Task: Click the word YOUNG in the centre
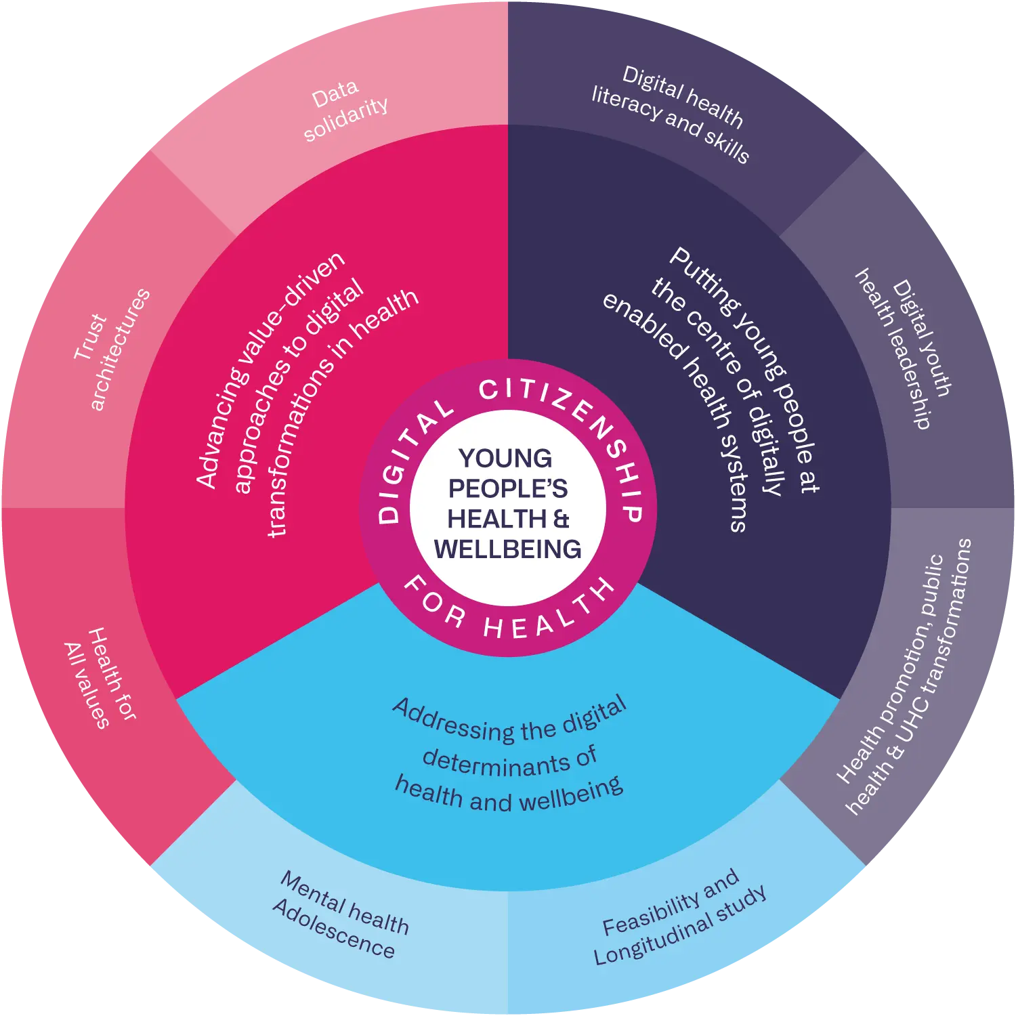505,459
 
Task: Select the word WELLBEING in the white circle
507,549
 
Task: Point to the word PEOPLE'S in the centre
507,488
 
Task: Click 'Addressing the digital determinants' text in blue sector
509,755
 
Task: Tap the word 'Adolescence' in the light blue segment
333,930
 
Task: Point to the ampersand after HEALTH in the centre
562,519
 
